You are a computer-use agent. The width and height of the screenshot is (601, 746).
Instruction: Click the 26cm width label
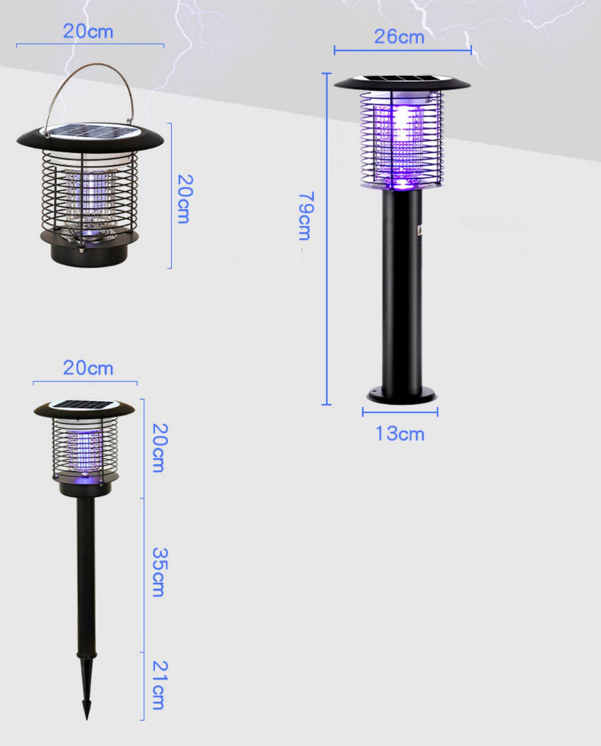(x=399, y=37)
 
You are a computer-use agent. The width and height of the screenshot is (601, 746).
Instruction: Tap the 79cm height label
(x=305, y=216)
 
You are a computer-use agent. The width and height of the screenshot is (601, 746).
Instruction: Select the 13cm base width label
(x=400, y=433)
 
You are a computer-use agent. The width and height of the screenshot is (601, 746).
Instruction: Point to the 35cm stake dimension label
(x=159, y=572)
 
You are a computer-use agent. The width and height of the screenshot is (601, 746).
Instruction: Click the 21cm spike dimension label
(x=159, y=685)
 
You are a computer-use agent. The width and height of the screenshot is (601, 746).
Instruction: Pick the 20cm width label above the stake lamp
(x=88, y=368)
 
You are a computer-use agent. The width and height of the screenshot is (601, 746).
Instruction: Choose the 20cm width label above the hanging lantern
(x=88, y=31)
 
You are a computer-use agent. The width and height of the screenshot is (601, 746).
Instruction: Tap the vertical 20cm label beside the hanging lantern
(x=184, y=199)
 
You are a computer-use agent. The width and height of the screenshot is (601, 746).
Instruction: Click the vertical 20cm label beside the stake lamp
(x=159, y=448)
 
